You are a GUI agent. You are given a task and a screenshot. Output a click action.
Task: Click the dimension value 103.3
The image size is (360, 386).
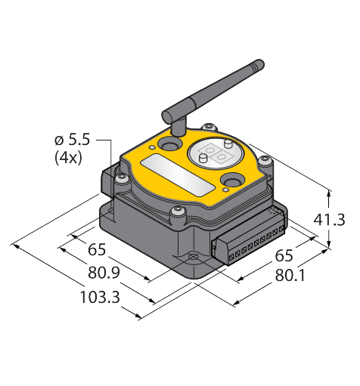pyautogui.click(x=100, y=297)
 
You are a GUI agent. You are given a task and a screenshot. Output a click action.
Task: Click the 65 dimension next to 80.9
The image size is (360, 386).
pyautogui.click(x=97, y=250)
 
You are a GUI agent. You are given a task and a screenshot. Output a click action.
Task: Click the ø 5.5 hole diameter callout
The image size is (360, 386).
pyautogui.click(x=73, y=140)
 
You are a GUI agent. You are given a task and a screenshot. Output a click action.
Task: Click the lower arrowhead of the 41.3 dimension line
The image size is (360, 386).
pyautogui.click(x=330, y=246)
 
